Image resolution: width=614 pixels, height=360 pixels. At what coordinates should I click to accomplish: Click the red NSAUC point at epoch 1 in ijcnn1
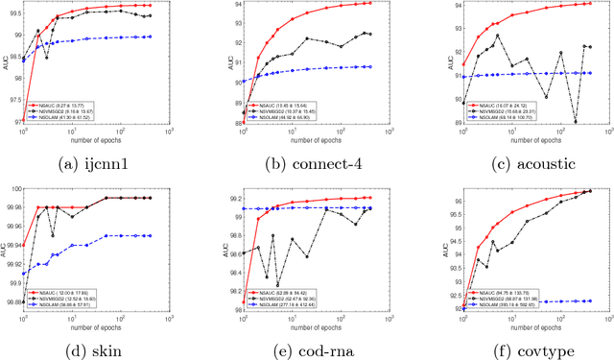coord(24,122)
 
